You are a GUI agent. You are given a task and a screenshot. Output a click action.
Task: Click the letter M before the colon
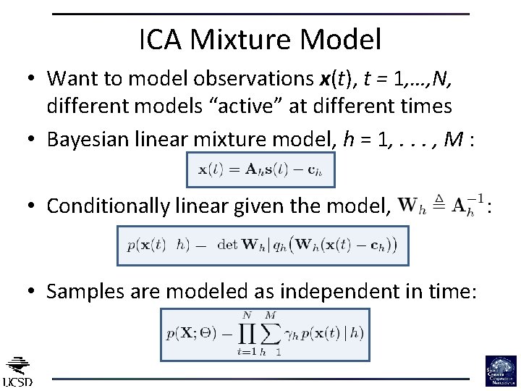[453, 139]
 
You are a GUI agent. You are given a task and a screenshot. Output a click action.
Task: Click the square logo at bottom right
[501, 371]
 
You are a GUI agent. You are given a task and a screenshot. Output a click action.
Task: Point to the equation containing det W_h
[263, 245]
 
